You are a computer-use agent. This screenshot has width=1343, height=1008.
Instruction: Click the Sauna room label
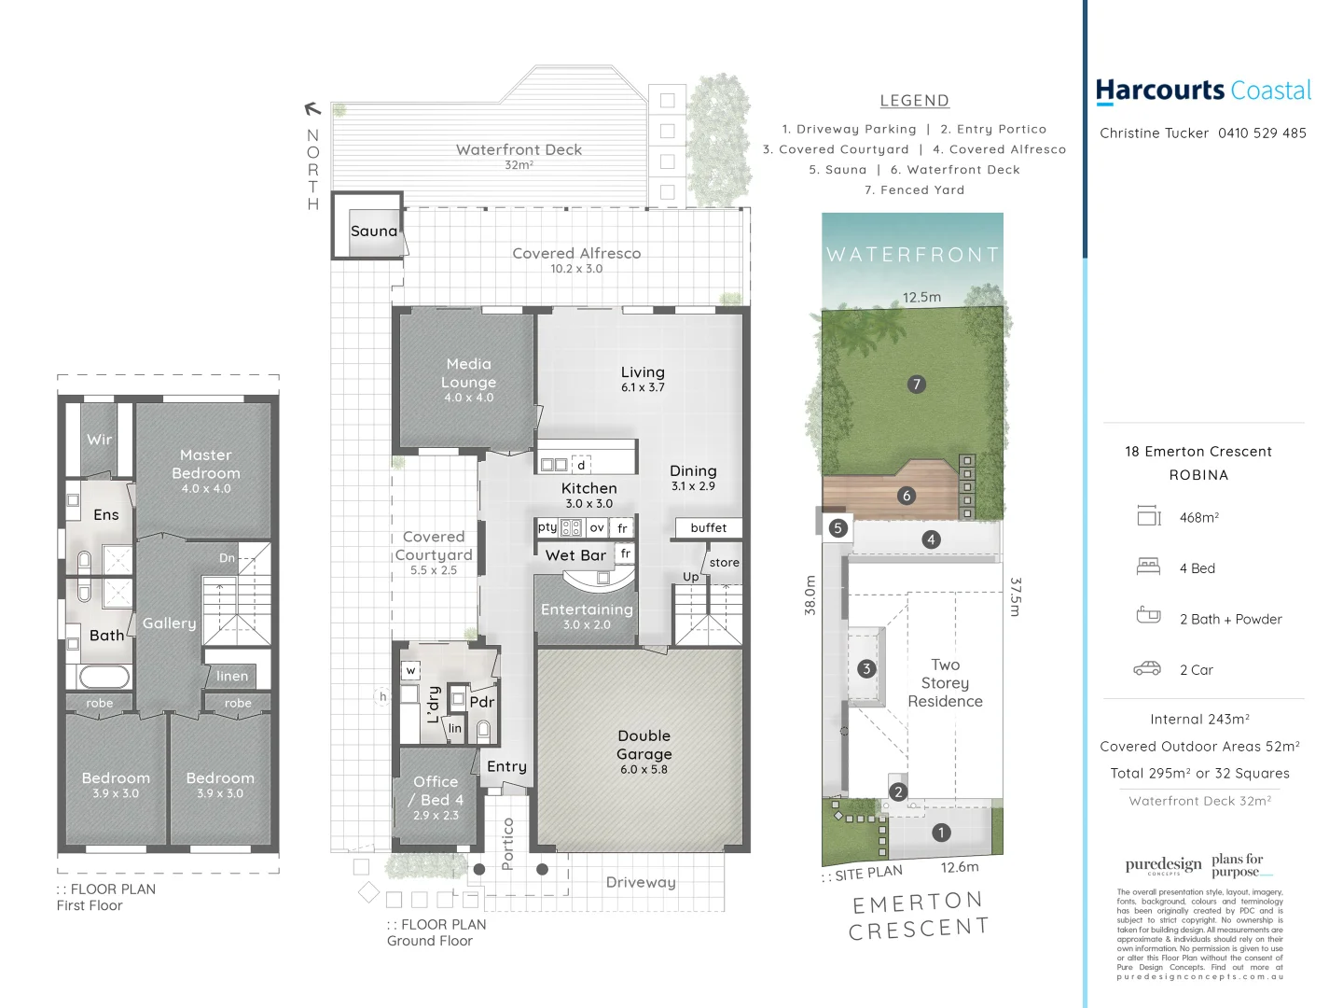point(373,231)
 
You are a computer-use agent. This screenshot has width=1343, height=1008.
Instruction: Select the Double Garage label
point(644,745)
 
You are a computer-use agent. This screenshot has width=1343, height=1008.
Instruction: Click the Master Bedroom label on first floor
point(205,464)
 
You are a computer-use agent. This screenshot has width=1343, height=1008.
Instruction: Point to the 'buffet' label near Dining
point(709,528)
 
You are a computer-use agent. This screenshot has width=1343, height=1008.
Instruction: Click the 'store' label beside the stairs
point(724,563)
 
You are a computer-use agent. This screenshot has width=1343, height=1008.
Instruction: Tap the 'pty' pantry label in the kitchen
point(547,527)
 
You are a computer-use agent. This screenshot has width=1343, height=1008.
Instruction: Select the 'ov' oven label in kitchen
point(597,527)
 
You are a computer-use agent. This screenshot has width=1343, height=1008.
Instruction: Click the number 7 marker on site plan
point(917,384)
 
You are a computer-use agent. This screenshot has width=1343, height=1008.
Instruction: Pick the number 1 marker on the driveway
point(941,833)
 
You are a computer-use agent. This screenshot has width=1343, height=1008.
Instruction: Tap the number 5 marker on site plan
point(838,528)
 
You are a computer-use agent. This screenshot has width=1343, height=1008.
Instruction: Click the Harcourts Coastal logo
point(1203,91)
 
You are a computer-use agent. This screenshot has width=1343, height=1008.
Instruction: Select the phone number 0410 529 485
point(1262,133)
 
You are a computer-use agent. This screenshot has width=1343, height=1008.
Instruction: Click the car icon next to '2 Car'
point(1147,668)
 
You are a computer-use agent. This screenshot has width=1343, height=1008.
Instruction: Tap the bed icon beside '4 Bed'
point(1148,567)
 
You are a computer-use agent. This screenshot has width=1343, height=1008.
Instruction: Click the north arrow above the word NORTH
point(312,109)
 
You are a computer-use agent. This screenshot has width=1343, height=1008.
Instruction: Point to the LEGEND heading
point(914,101)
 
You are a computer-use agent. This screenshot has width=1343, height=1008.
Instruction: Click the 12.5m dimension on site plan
point(921,297)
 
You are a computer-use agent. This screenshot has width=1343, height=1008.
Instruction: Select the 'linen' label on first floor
point(232,676)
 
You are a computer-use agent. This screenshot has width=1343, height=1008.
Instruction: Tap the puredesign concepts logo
point(1163,865)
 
